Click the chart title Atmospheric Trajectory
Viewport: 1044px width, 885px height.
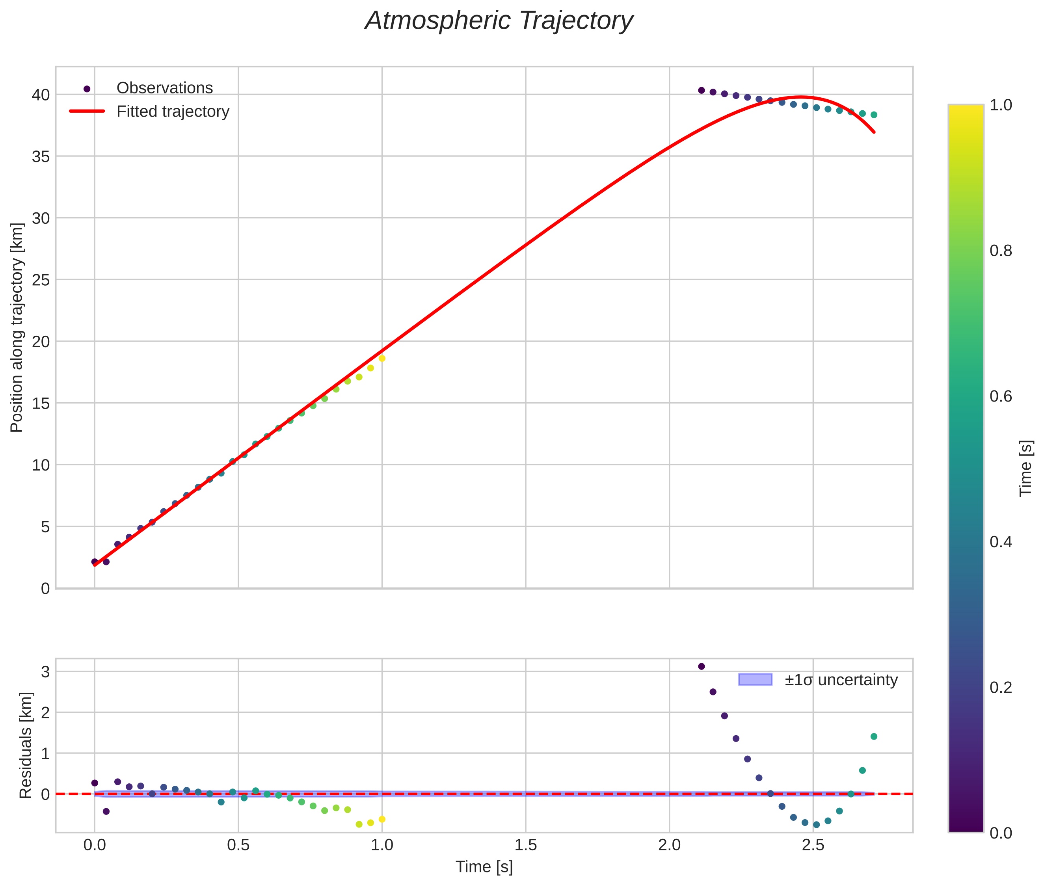[x=499, y=21]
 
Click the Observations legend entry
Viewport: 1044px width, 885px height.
[x=165, y=88]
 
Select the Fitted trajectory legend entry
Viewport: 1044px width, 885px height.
[x=173, y=112]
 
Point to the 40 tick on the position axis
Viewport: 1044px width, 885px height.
[x=41, y=95]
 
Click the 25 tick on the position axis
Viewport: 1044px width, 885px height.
[x=41, y=280]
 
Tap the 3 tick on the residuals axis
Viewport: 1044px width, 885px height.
[x=46, y=672]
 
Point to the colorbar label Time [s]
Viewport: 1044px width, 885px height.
[x=1025, y=469]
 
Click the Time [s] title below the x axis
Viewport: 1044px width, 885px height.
[x=484, y=867]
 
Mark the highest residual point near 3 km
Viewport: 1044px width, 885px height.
[x=702, y=666]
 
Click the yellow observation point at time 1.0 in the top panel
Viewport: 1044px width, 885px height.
[x=382, y=358]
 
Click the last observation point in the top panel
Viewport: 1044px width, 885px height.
[x=873, y=115]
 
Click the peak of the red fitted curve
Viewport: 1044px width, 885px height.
[x=801, y=97]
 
